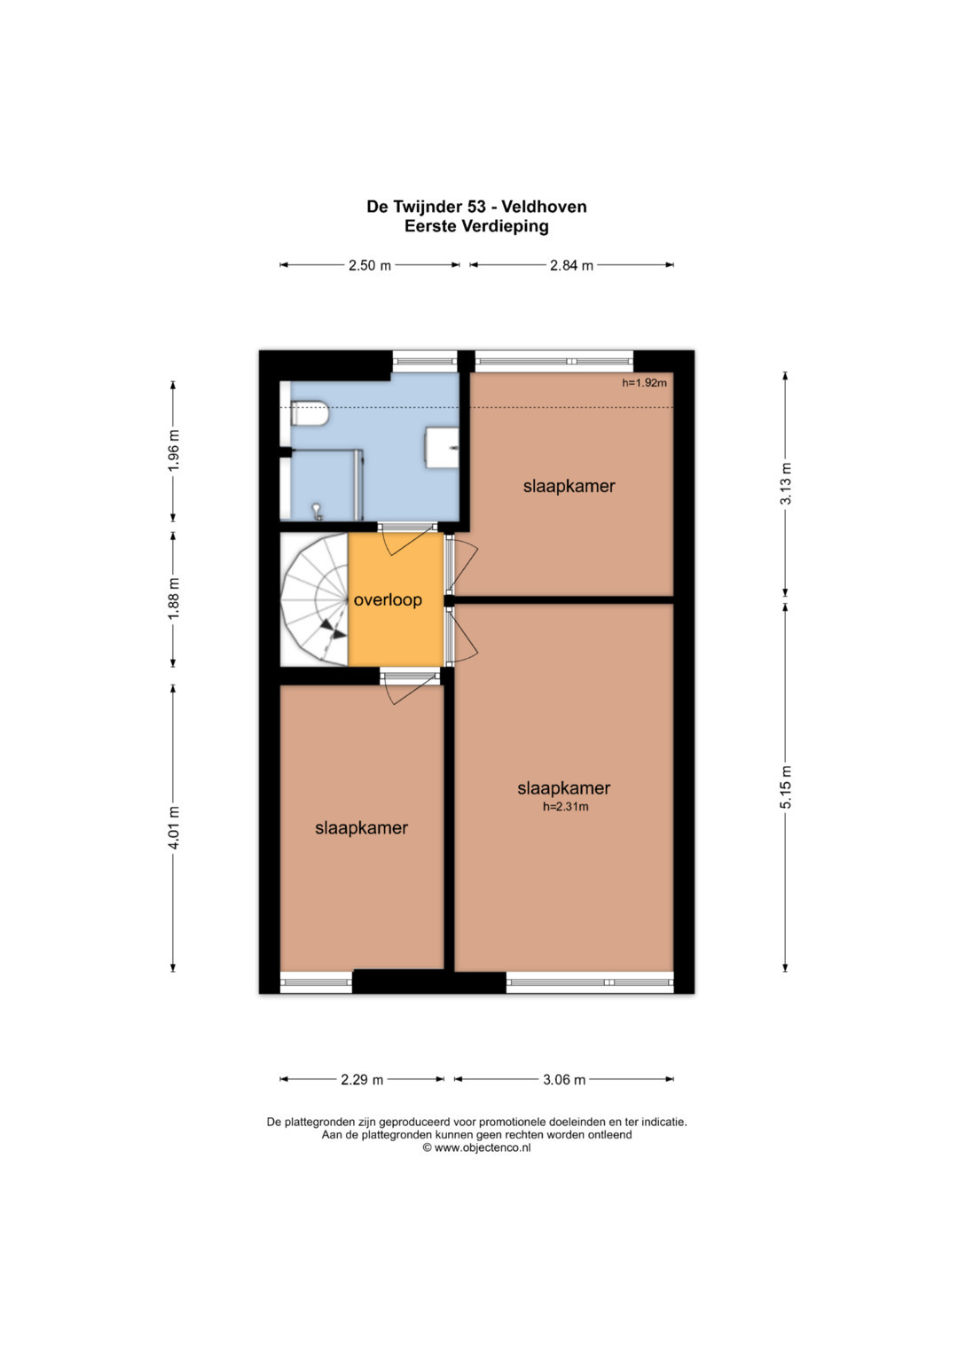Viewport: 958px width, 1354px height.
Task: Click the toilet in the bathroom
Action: (309, 414)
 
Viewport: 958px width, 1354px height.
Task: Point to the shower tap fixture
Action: (316, 512)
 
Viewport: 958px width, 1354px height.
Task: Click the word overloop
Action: (388, 600)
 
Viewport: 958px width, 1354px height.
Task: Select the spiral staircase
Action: (315, 599)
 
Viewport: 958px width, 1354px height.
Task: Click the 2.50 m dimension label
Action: (370, 265)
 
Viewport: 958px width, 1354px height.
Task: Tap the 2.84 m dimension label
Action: (571, 265)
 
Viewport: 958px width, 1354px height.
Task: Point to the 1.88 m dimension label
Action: (174, 599)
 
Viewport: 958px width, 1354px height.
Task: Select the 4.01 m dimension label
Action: (174, 827)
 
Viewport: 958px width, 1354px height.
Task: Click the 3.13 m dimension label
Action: (785, 483)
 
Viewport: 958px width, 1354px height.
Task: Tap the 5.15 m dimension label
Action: (785, 787)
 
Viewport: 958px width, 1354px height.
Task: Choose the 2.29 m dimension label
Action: (362, 1080)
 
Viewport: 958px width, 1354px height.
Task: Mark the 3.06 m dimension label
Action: (564, 1080)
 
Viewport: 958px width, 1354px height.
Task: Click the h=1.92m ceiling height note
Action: (645, 383)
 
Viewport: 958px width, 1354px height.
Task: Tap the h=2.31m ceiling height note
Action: (566, 806)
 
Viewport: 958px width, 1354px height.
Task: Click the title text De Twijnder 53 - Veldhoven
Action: (476, 207)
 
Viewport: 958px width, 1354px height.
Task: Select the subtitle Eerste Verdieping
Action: (476, 226)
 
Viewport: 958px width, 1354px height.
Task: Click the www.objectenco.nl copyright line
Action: (476, 1148)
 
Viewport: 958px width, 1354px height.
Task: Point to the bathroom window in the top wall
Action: (425, 362)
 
